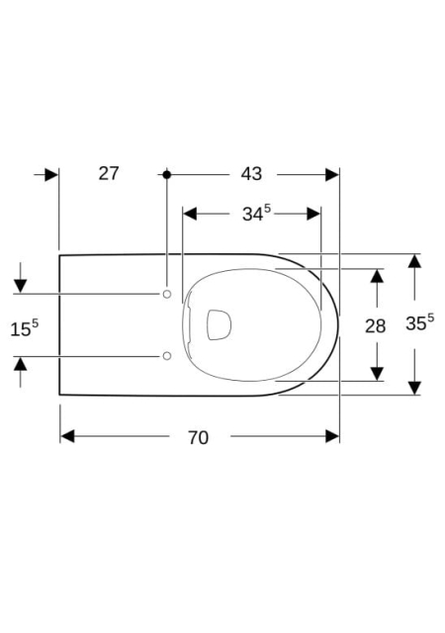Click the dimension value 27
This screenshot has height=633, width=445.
coord(109,174)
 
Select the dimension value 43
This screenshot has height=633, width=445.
coord(251,174)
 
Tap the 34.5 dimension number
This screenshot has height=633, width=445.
coord(256,214)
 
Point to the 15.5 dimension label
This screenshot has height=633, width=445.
coord(25,328)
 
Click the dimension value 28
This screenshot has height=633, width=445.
coord(375,325)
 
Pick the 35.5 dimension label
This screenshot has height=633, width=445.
coord(420,322)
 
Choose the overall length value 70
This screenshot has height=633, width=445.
coord(198,437)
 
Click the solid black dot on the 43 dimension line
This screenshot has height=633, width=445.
coord(167,174)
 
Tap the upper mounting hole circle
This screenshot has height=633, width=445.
coord(167,295)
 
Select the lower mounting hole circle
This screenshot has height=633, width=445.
coord(167,356)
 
